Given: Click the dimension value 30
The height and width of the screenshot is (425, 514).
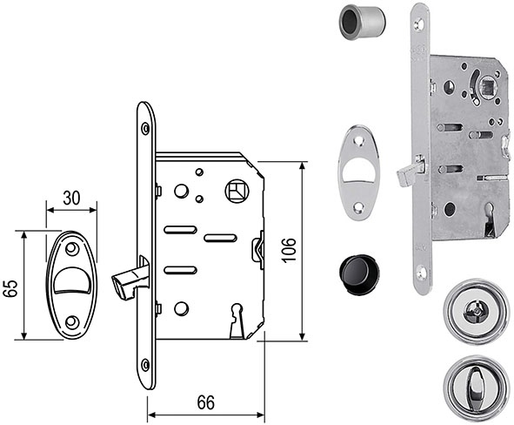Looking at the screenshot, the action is [71, 199].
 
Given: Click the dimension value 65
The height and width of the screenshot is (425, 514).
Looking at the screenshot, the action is [10, 288].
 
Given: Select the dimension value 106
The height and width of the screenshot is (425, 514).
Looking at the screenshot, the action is [289, 251].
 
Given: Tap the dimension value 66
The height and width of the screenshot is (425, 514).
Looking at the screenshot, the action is [206, 402].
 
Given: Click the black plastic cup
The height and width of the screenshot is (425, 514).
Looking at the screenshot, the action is [358, 274].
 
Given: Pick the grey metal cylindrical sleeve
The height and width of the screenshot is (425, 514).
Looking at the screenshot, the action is [362, 24].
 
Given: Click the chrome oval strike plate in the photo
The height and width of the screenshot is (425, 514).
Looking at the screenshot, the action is [358, 172].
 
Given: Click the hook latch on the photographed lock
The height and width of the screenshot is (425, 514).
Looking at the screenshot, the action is [410, 172].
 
